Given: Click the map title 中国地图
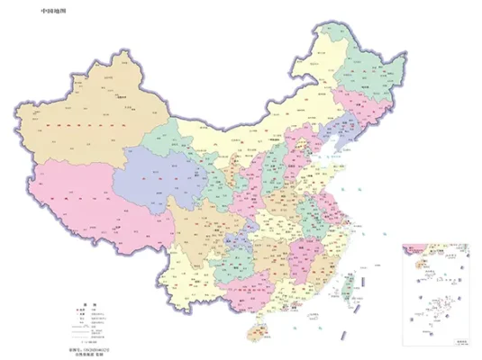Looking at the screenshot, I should click(53, 12).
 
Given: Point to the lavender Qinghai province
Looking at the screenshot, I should click(158, 171).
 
